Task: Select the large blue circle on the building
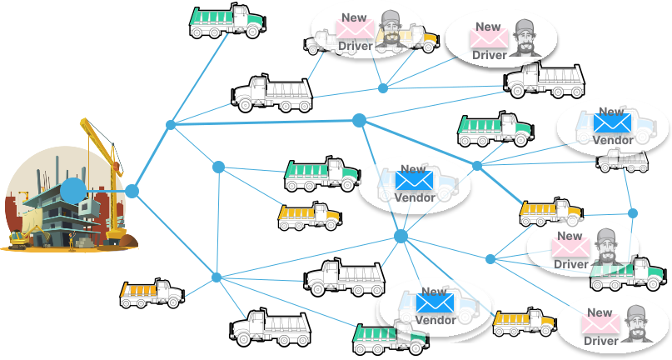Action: point(72,191)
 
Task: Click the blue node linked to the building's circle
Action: point(132,191)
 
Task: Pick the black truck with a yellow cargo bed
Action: point(151,292)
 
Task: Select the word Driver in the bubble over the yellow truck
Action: point(356,46)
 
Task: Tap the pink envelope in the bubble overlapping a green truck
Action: point(571,248)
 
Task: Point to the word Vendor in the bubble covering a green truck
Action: point(434,320)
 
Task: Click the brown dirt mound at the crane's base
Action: point(127,241)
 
